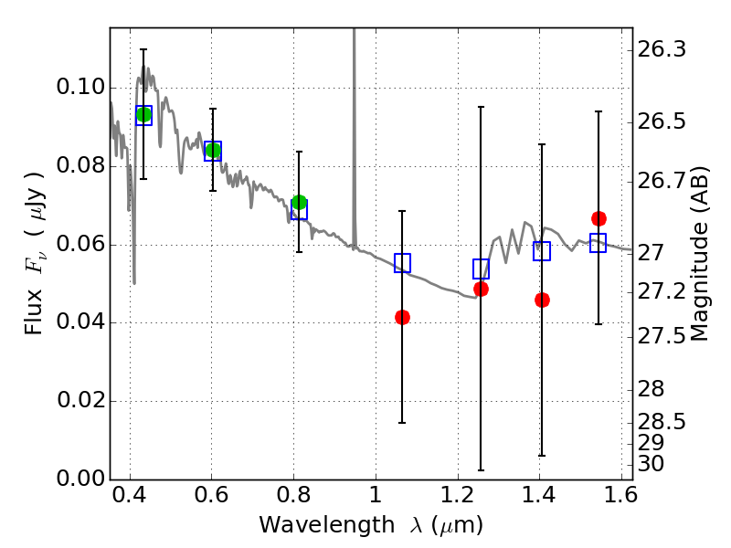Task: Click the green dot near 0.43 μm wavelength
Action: pyautogui.click(x=143, y=114)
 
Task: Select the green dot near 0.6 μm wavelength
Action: pyautogui.click(x=213, y=150)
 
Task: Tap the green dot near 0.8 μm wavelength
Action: pyautogui.click(x=300, y=202)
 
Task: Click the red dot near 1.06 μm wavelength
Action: pyautogui.click(x=402, y=317)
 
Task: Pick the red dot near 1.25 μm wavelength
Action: pyautogui.click(x=481, y=289)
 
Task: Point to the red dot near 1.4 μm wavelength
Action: pyautogui.click(x=542, y=300)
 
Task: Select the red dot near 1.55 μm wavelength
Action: pyautogui.click(x=599, y=218)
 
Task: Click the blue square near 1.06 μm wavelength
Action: pyautogui.click(x=402, y=263)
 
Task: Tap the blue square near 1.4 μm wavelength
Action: pyautogui.click(x=542, y=251)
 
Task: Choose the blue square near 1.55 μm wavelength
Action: pyautogui.click(x=599, y=243)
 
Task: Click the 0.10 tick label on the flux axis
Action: pyautogui.click(x=80, y=87)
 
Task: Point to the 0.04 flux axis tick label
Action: pyautogui.click(x=80, y=322)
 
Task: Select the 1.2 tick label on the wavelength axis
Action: pyautogui.click(x=458, y=495)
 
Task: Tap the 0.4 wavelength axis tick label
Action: pyautogui.click(x=129, y=495)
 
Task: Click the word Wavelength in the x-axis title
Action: pyautogui.click(x=327, y=525)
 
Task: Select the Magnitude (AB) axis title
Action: pyautogui.click(x=699, y=254)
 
